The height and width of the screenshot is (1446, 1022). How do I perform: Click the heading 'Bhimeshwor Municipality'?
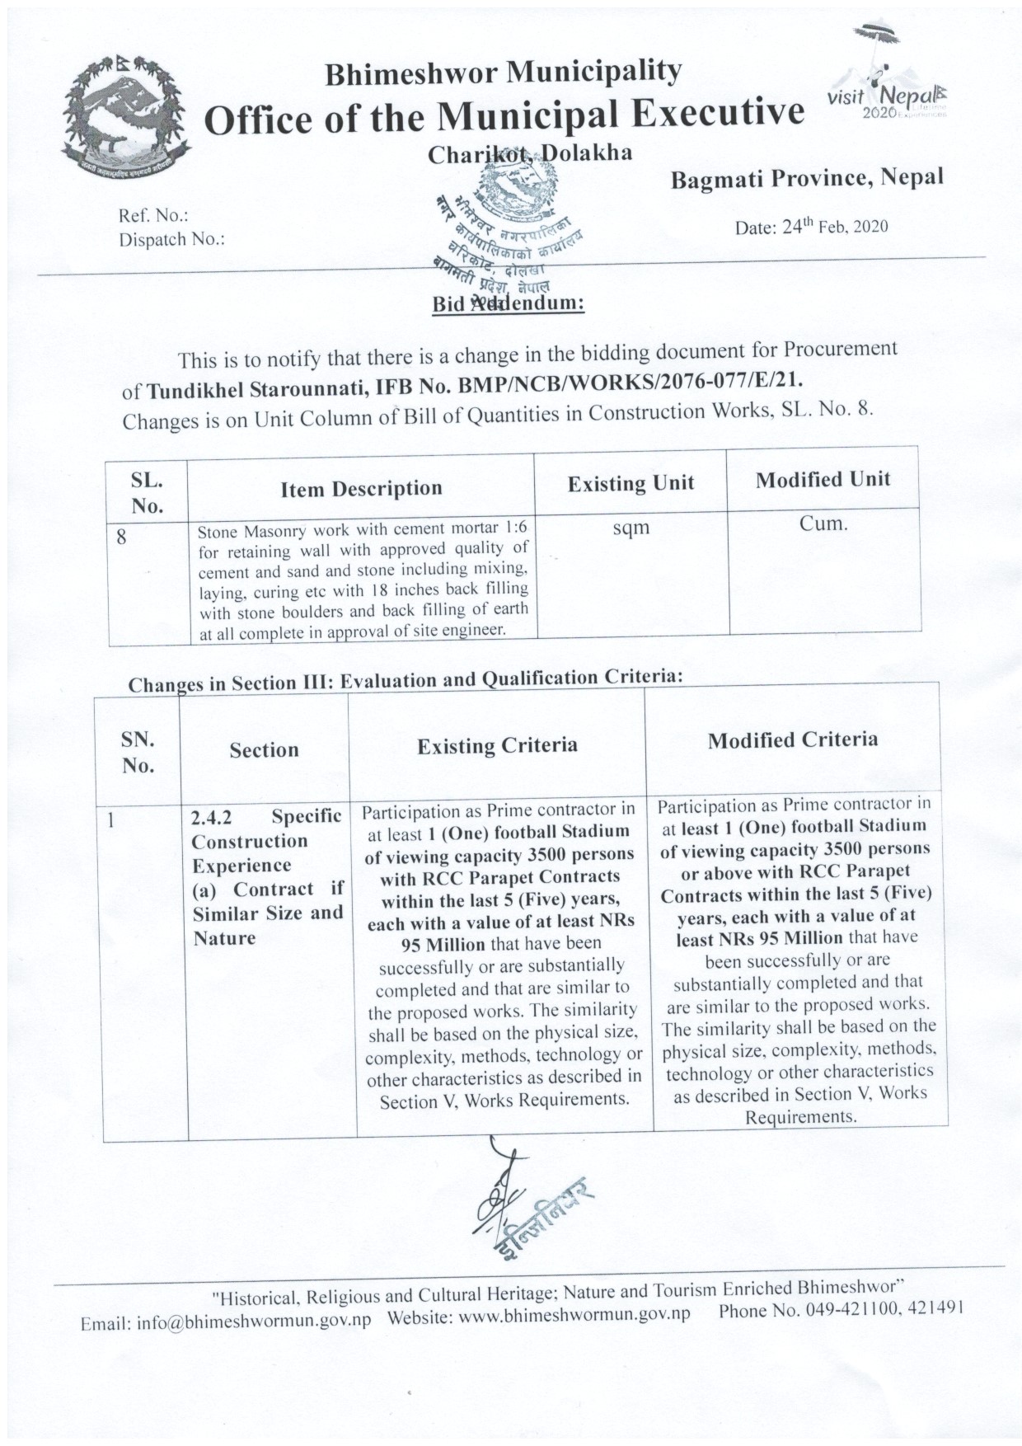click(x=504, y=73)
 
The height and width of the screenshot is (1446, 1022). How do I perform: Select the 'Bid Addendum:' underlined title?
click(x=509, y=303)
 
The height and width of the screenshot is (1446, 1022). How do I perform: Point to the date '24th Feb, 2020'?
click(x=811, y=227)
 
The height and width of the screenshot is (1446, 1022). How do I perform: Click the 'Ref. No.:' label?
click(x=154, y=216)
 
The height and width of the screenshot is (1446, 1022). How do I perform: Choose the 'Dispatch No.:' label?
click(x=172, y=240)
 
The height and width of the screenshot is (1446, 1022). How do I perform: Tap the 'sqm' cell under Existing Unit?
click(x=631, y=528)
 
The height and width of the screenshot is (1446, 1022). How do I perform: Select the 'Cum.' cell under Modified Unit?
click(x=823, y=523)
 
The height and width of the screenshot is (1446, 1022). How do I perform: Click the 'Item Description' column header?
click(x=361, y=489)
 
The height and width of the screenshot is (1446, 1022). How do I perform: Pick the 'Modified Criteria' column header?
click(x=793, y=739)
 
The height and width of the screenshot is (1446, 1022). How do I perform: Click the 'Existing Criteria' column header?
click(x=497, y=746)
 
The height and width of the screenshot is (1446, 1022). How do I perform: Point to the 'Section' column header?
click(x=264, y=750)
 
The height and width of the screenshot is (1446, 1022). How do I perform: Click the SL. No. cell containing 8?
click(x=122, y=538)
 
